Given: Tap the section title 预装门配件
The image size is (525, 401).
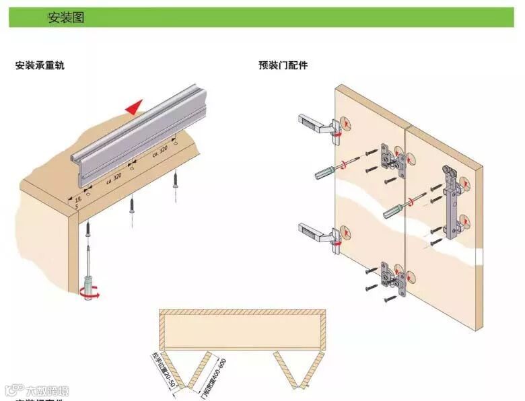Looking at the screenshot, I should click(283, 66).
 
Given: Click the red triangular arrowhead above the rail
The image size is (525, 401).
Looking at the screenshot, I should click(136, 106).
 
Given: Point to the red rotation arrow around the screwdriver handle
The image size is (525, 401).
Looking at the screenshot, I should click(88, 293).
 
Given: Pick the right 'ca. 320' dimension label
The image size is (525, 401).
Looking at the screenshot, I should click(160, 151).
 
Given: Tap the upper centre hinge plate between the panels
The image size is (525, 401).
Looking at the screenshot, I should click(390, 159).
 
